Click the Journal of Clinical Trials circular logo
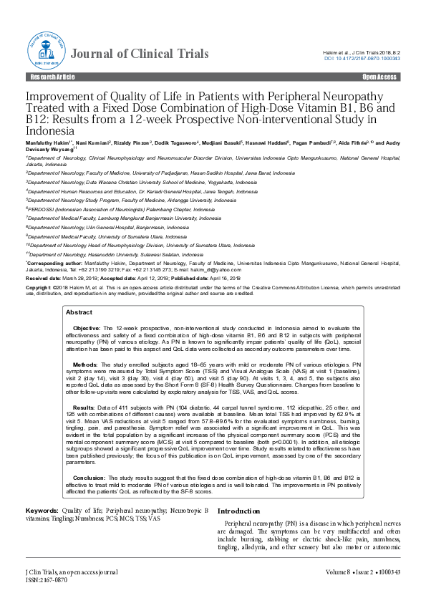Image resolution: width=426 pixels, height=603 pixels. (x=44, y=52)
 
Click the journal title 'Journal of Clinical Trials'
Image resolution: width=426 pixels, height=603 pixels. (x=141, y=54)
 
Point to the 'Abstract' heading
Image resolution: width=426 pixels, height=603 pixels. (x=79, y=313)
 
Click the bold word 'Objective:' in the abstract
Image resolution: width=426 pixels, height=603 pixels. (x=89, y=327)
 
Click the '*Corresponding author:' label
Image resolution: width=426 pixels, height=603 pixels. (x=51, y=263)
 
